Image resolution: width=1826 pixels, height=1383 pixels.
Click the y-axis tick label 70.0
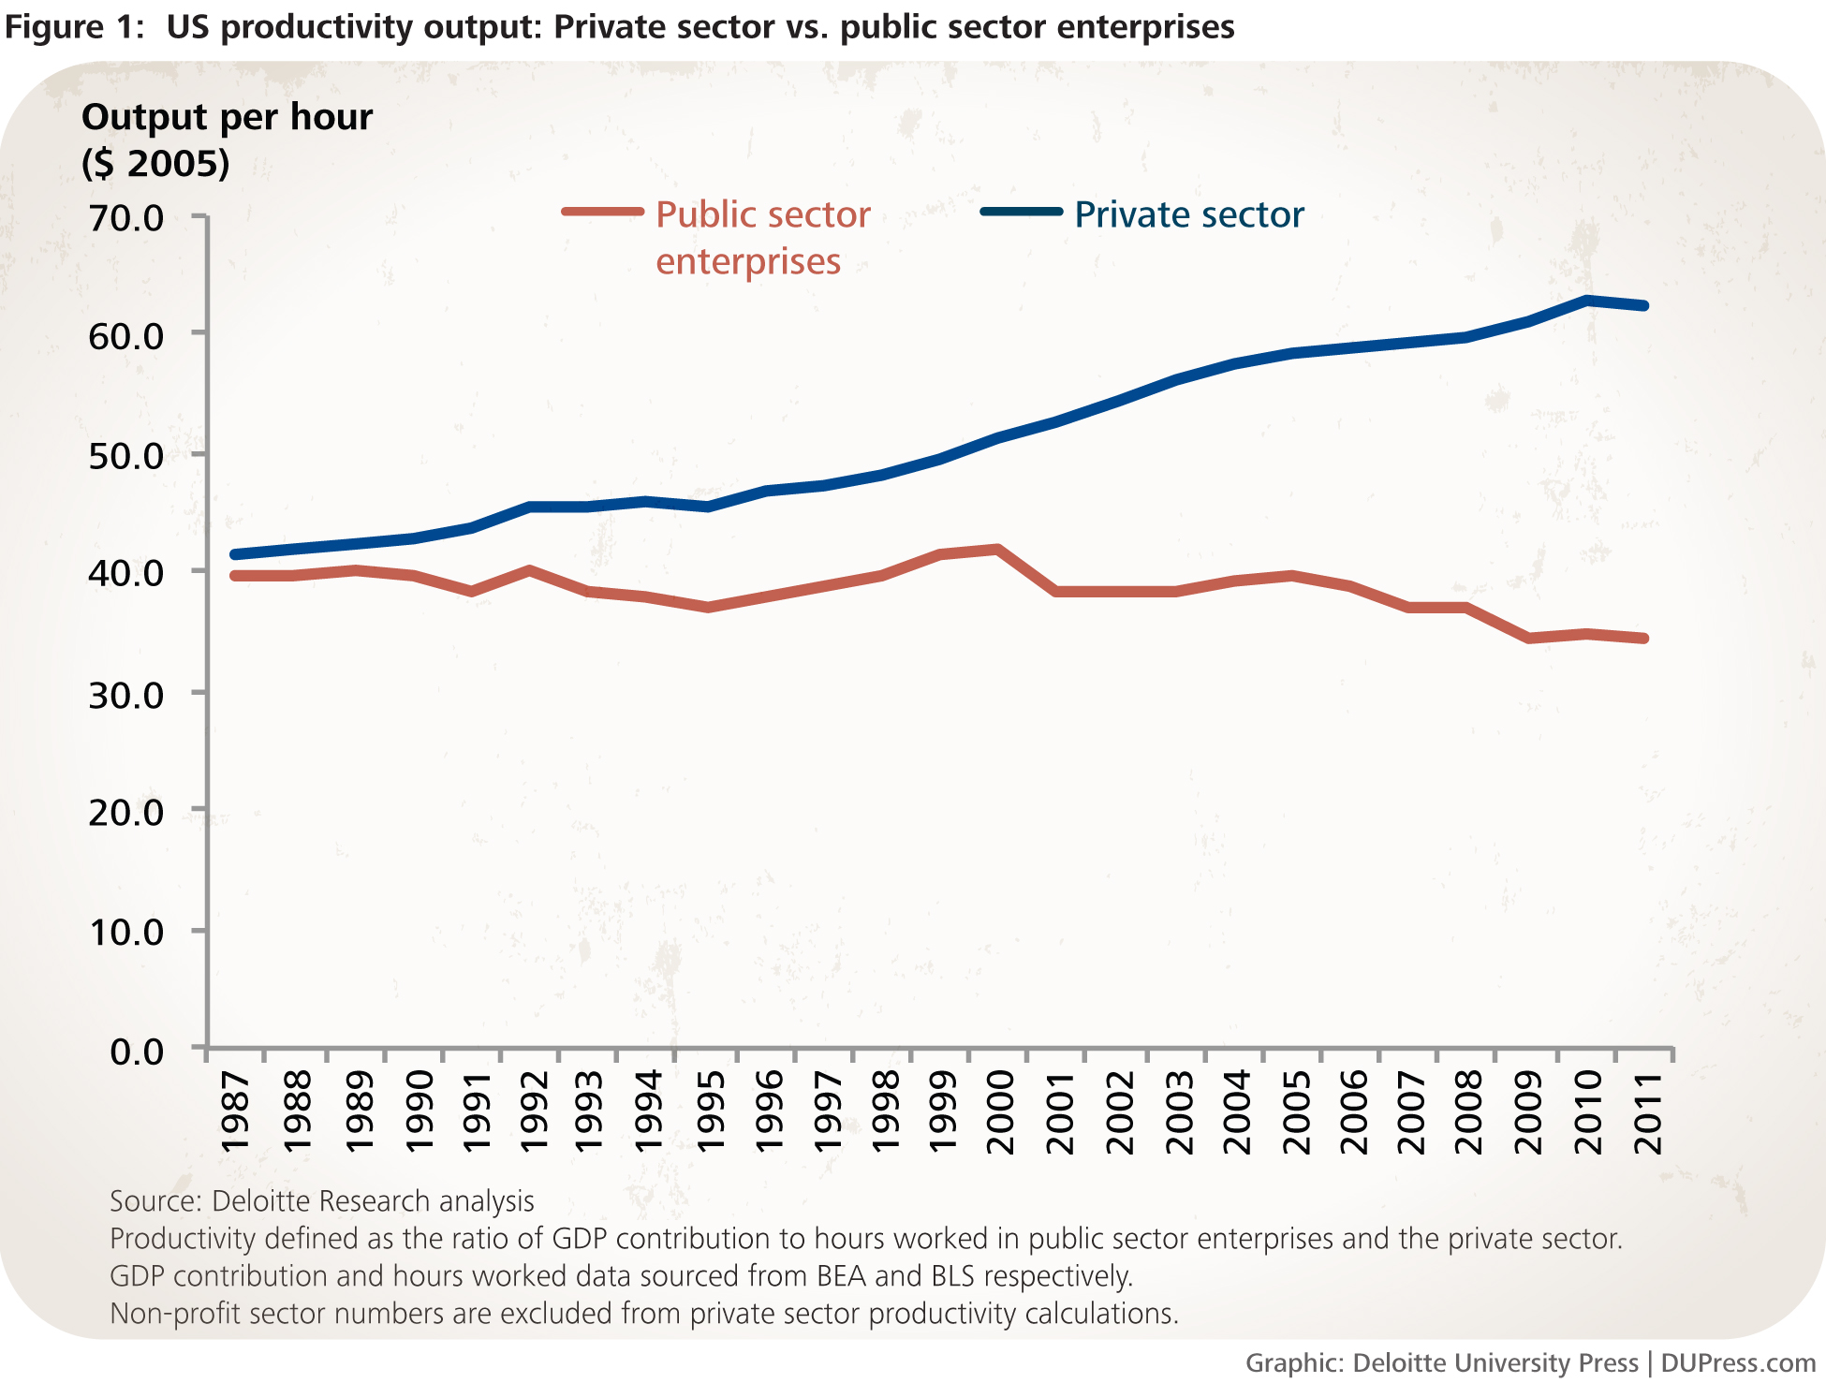125,218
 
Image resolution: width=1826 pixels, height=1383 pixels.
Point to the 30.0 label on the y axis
125,695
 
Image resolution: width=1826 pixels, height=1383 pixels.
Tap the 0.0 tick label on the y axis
137,1052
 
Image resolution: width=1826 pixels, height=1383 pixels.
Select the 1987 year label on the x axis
235,1112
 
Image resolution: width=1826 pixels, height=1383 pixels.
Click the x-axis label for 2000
1001,1112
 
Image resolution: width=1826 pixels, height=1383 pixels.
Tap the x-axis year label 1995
709,1112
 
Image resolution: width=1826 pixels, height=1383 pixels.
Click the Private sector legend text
1188,215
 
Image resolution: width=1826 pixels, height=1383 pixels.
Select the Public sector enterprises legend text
762,238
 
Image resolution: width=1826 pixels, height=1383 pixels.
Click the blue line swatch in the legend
1021,212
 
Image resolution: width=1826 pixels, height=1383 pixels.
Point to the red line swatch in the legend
602,212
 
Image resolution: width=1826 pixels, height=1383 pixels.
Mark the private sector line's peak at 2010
1587,301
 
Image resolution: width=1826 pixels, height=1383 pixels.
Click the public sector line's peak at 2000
998,550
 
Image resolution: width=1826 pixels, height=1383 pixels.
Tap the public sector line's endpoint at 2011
1644,639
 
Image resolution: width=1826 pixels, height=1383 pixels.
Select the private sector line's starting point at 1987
234,554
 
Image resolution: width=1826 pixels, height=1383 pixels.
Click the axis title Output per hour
227,118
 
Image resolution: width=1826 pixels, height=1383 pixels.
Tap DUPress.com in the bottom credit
1738,1363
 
